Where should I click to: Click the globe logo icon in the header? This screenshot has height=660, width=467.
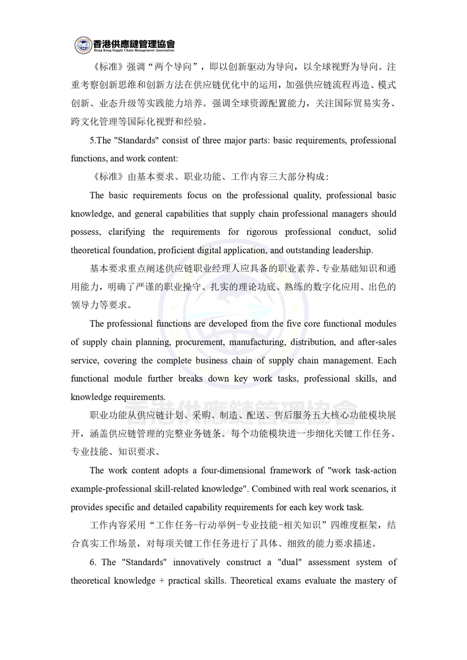click(84, 45)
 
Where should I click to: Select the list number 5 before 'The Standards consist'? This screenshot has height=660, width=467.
click(92, 140)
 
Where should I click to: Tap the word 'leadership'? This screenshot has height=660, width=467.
click(354, 250)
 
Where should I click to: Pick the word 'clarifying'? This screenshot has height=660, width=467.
click(127, 232)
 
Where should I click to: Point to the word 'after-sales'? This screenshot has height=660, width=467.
click(377, 342)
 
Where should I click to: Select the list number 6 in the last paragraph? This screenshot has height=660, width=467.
click(92, 562)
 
